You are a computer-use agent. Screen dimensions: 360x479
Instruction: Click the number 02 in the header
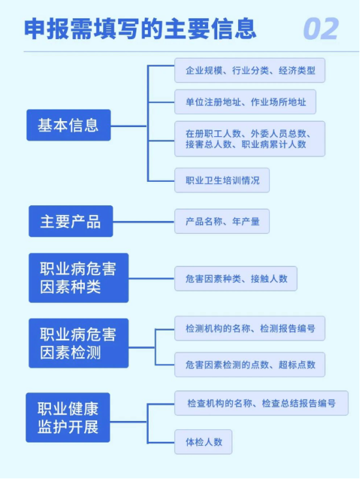coord(321,29)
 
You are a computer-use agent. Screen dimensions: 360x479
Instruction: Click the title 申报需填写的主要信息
coord(140,29)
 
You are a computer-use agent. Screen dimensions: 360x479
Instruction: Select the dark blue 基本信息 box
coord(68,125)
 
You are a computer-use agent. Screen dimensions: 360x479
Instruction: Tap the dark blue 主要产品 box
coord(70,221)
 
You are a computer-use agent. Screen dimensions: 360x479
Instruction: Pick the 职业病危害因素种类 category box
coord(78,278)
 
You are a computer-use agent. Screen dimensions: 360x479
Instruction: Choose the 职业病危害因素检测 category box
coord(78,343)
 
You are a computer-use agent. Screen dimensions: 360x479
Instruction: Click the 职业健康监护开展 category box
coord(68,417)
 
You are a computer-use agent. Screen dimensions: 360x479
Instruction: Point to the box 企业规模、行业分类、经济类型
coord(250,70)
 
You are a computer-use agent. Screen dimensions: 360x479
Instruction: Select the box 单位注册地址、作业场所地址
coord(245,102)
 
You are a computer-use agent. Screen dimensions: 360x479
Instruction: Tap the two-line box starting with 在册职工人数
coord(250,139)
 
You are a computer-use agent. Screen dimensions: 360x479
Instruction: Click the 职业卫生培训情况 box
coord(222,181)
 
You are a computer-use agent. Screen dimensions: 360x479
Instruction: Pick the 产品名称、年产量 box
coord(222,221)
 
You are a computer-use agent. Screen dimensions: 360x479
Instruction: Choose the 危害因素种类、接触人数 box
coord(235,278)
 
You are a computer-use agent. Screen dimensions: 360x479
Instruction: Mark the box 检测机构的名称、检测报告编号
coord(250,328)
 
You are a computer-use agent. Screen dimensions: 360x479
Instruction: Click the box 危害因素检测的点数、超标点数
coord(250,364)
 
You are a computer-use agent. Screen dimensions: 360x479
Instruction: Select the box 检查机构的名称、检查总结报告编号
coord(262,403)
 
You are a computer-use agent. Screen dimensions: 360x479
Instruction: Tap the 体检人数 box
coord(203,442)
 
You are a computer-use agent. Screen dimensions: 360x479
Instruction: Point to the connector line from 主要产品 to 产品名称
coord(143,222)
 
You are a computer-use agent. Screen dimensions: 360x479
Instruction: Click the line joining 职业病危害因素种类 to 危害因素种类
coord(151,279)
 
